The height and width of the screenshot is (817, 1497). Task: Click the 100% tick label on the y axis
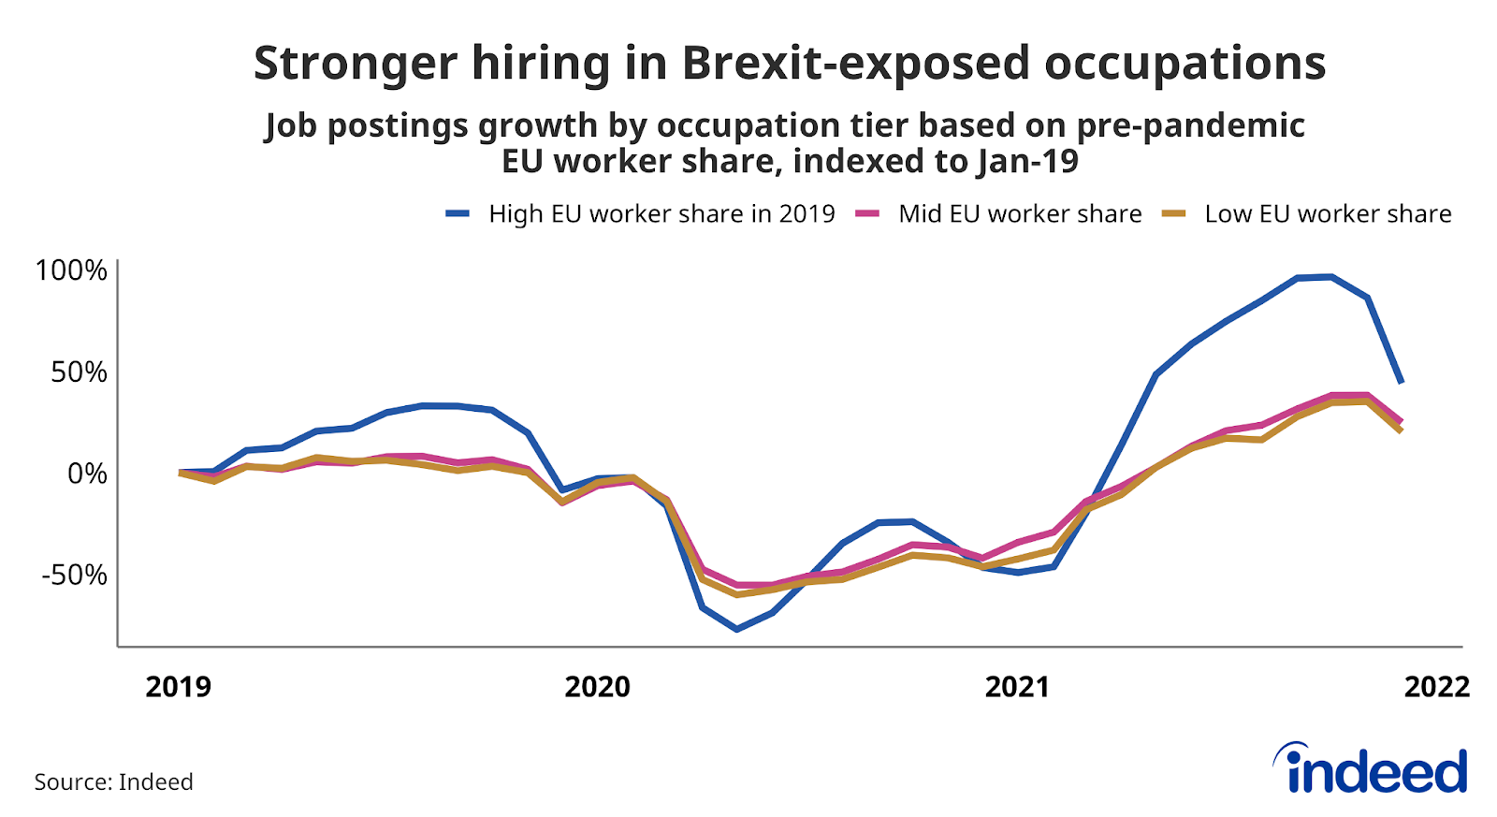pyautogui.click(x=71, y=270)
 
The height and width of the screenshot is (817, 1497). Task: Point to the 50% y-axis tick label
pyautogui.click(x=79, y=372)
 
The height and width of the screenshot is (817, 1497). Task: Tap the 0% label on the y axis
pyautogui.click(x=87, y=474)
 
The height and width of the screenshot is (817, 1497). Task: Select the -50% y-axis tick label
pyautogui.click(x=74, y=575)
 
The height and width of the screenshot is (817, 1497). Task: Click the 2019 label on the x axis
pyautogui.click(x=179, y=687)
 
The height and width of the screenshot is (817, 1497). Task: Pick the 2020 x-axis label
pyautogui.click(x=598, y=687)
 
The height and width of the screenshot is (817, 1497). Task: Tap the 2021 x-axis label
pyautogui.click(x=1017, y=687)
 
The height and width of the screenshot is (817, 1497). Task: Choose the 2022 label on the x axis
pyautogui.click(x=1436, y=687)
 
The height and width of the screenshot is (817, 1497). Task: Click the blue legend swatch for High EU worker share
pyautogui.click(x=458, y=214)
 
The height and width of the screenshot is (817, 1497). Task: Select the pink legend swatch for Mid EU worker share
pyautogui.click(x=867, y=214)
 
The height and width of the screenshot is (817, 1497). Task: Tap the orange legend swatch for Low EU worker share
pyautogui.click(x=1173, y=214)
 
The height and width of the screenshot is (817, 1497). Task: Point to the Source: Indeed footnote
pyautogui.click(x=114, y=781)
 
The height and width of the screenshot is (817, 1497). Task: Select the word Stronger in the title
pyautogui.click(x=355, y=64)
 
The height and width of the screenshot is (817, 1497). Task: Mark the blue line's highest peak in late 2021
pyautogui.click(x=1330, y=276)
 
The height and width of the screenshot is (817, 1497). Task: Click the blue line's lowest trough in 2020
pyautogui.click(x=736, y=629)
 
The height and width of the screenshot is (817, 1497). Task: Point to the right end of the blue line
pyautogui.click(x=1401, y=382)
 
